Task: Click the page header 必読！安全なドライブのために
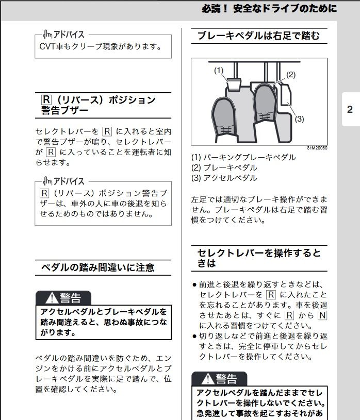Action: click(x=269, y=9)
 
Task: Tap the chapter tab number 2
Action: click(x=350, y=109)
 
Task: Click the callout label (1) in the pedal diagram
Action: click(x=219, y=71)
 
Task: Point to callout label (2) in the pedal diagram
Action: click(x=291, y=75)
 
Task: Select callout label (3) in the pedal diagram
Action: click(x=300, y=119)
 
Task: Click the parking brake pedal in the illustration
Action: click(x=234, y=83)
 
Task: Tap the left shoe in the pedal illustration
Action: click(x=224, y=120)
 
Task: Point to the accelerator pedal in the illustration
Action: click(x=286, y=95)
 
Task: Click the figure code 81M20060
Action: click(x=317, y=148)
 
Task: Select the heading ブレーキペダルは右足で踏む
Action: click(x=259, y=36)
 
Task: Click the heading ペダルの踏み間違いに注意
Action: click(x=98, y=267)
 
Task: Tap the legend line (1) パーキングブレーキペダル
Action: click(x=243, y=157)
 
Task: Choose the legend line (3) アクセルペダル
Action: click(x=224, y=178)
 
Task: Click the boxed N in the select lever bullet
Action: click(x=322, y=315)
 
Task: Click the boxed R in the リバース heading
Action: click(x=46, y=99)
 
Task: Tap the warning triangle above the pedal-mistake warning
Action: click(x=52, y=298)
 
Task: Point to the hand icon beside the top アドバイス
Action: click(x=47, y=35)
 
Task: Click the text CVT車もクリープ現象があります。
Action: click(x=101, y=46)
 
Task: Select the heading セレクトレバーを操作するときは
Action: click(x=259, y=258)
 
